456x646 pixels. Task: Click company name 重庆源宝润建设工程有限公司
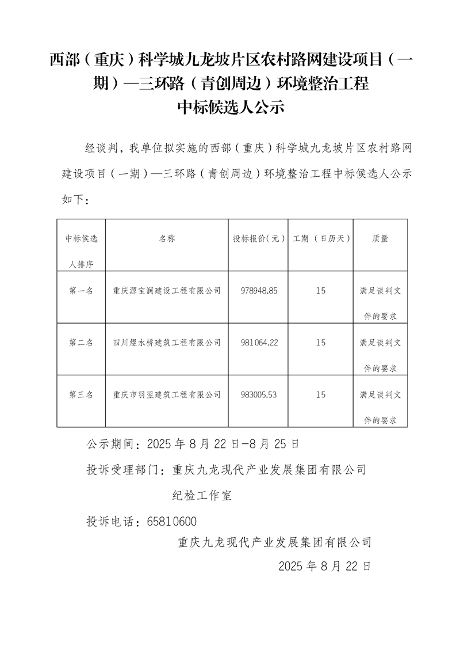click(167, 291)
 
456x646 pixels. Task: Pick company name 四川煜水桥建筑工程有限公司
click(167, 343)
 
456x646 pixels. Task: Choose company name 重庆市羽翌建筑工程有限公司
click(167, 394)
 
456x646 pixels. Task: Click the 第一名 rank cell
click(81, 291)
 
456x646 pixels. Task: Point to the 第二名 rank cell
click(81, 343)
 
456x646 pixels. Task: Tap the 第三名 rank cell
click(81, 394)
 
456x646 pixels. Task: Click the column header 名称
click(167, 238)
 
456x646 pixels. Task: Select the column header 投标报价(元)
click(259, 238)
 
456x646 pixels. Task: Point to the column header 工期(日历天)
click(321, 238)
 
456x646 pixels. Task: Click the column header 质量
click(380, 238)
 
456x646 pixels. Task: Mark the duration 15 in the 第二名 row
click(321, 343)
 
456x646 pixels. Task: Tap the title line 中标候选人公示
click(229, 108)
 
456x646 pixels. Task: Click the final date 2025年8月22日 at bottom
click(324, 566)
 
